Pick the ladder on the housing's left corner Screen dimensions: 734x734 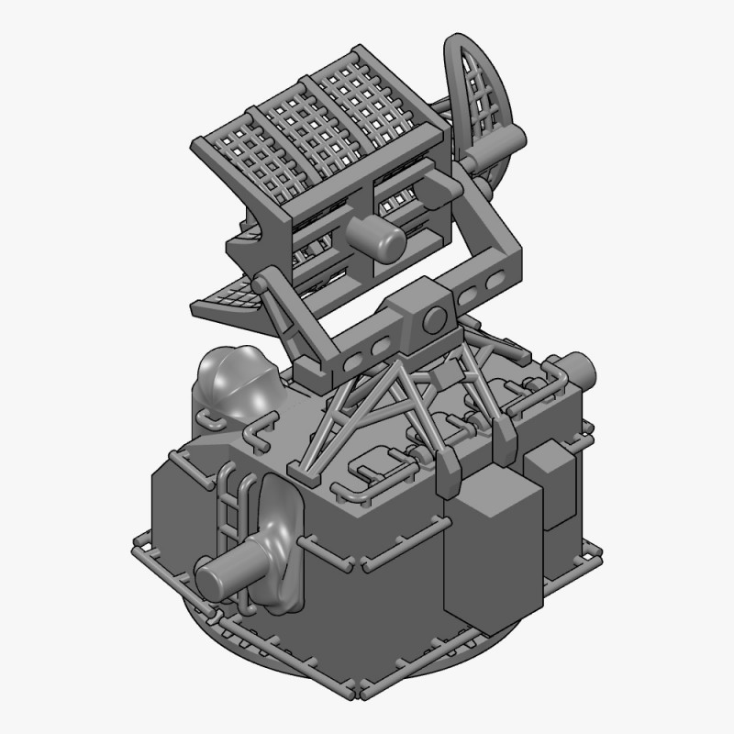coord(229,514)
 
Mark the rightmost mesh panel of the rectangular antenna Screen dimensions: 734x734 coord(381,101)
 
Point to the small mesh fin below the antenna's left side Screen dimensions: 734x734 coord(225,298)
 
